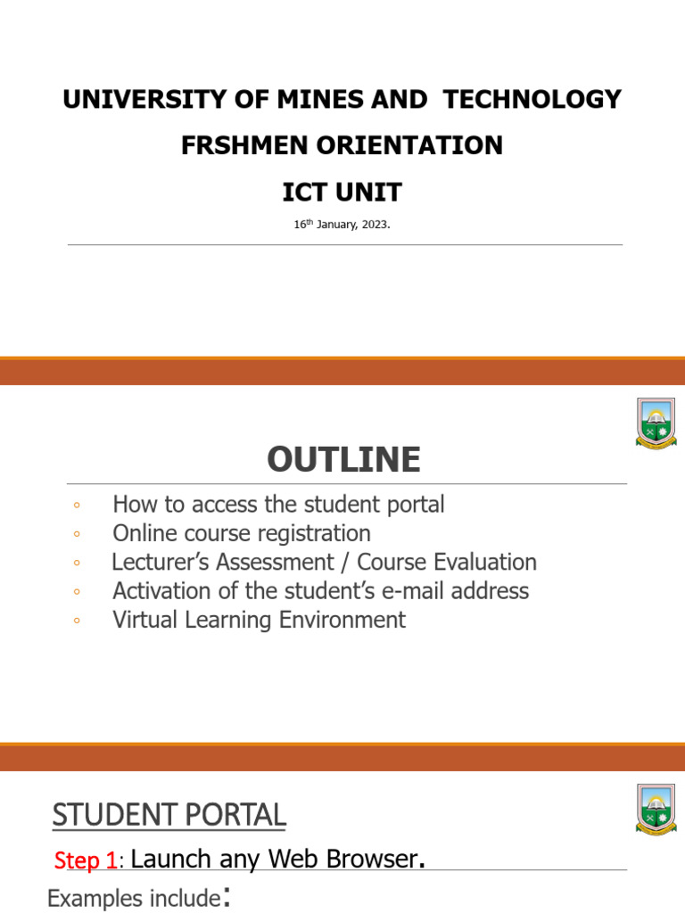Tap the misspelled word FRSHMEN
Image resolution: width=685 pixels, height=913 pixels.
point(238,145)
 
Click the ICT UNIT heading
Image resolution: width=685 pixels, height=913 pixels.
point(342,191)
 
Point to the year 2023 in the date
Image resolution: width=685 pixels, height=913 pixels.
point(374,225)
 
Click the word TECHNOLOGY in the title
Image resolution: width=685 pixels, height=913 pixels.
point(532,100)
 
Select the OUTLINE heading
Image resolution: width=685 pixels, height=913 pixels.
point(342,460)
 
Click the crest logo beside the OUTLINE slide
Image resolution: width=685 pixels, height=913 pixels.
point(656,424)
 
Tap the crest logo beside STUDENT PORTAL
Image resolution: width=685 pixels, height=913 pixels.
point(656,810)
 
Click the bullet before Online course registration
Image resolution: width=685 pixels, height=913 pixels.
point(78,534)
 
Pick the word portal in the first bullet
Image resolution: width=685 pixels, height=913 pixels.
point(411,504)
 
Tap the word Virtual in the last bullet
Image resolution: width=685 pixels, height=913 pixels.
point(147,620)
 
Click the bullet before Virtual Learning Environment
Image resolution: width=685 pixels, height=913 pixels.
point(78,621)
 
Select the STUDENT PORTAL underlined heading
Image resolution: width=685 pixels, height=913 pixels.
point(169,815)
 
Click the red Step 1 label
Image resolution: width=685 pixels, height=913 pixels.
point(85,861)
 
